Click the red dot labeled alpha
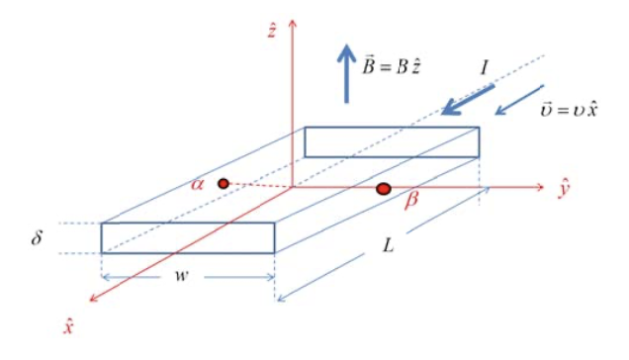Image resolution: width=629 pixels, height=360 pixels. tap(224, 183)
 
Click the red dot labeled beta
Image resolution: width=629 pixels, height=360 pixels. tap(384, 188)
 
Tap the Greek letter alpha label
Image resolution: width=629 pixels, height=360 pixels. tap(199, 185)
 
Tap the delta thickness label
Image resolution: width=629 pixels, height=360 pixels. tap(37, 237)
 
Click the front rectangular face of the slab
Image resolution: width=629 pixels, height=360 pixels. tap(188, 237)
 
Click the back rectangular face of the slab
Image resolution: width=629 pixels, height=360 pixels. tap(392, 141)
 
